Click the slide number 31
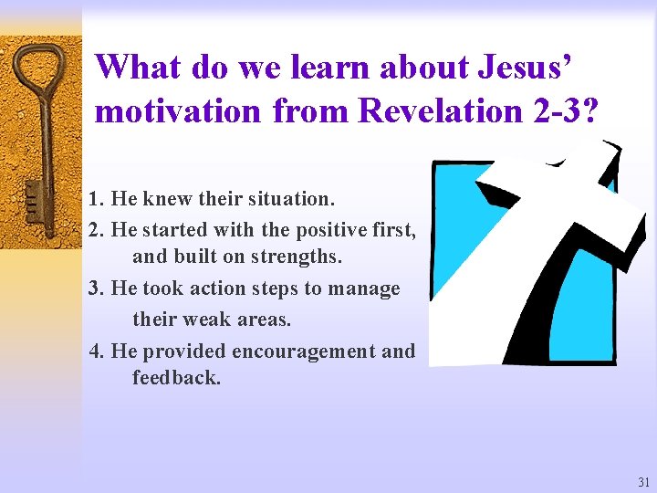[644, 482]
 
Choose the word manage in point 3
[365, 289]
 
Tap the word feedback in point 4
[176, 378]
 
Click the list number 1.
[96, 198]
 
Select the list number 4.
[96, 351]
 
